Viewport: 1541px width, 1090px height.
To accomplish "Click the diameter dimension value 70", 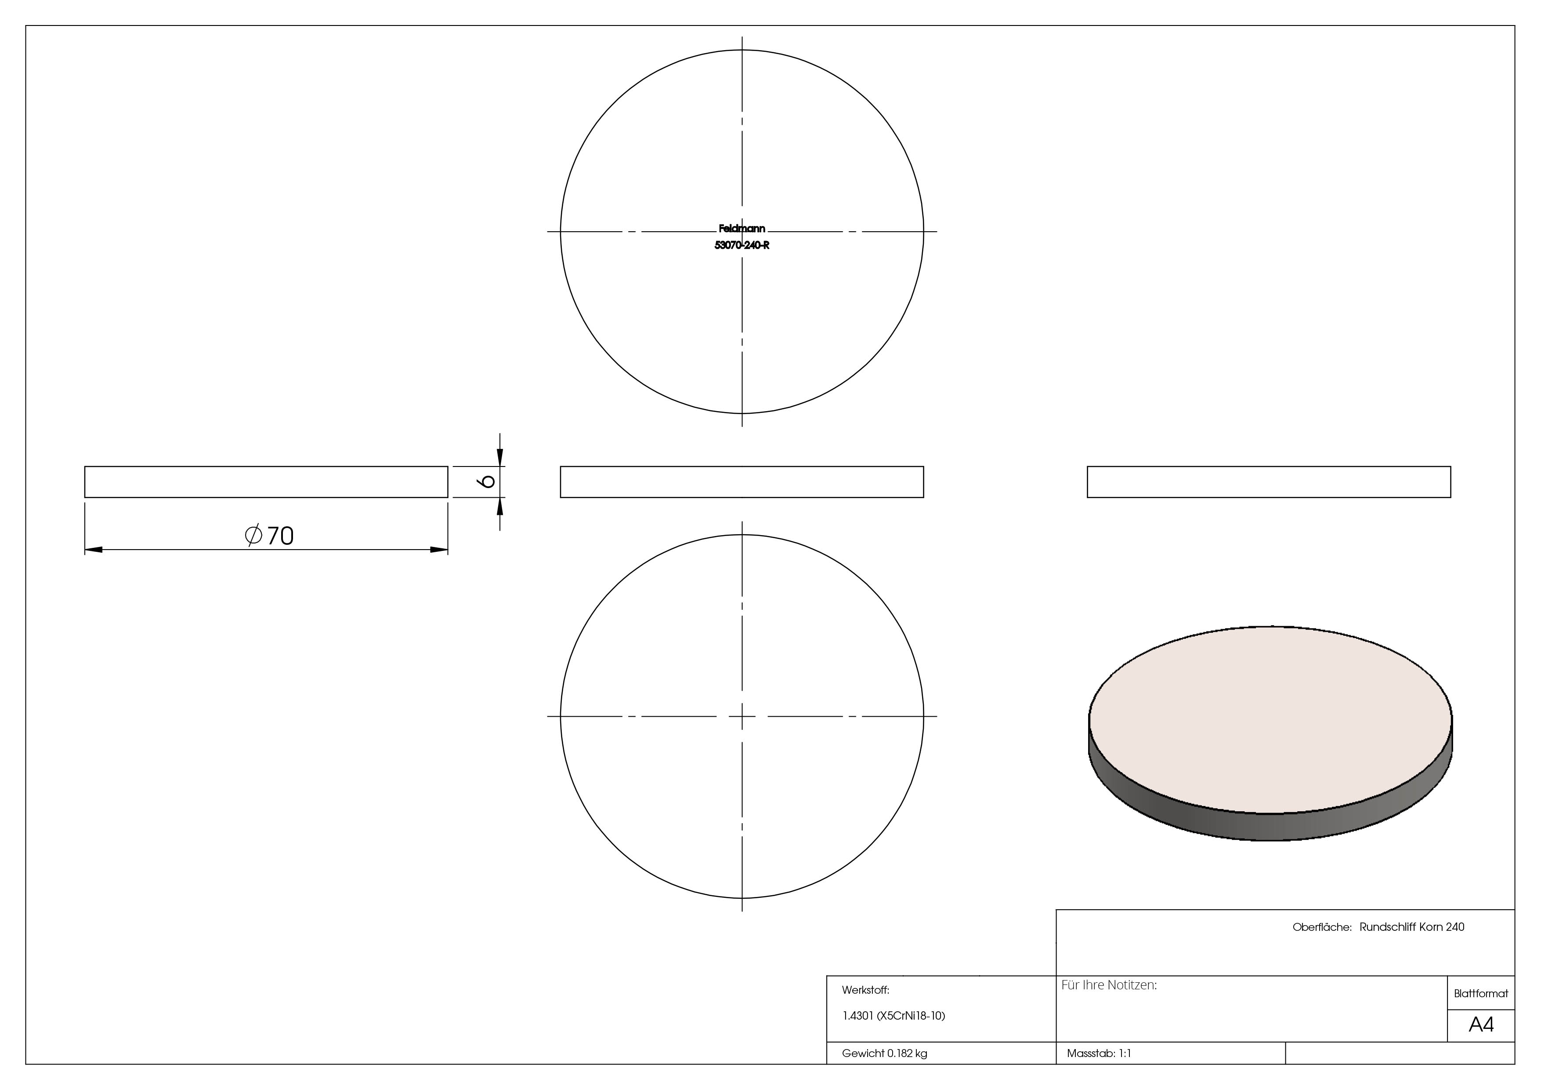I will pos(281,536).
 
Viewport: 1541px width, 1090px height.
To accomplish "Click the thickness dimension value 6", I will pos(488,481).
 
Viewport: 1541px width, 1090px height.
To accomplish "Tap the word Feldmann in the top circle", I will pos(742,229).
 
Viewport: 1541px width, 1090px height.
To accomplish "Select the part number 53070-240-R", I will pos(742,246).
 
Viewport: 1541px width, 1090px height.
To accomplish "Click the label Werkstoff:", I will pos(865,990).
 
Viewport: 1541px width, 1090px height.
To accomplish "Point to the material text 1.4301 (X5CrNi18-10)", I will pos(893,1016).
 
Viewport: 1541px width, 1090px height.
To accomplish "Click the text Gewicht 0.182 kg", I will pos(884,1054).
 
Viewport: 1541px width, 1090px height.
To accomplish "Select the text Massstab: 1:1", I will pos(1099,1054).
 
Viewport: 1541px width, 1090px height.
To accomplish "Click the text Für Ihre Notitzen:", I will pos(1109,985).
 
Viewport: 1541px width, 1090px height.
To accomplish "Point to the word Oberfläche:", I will pos(1321,927).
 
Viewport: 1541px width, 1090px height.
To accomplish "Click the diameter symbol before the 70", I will pos(253,535).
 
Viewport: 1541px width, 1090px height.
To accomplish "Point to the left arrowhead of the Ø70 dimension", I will pos(93,550).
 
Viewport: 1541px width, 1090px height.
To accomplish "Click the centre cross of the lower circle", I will pos(742,717).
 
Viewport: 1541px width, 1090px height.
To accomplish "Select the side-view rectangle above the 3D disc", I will pos(1269,482).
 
